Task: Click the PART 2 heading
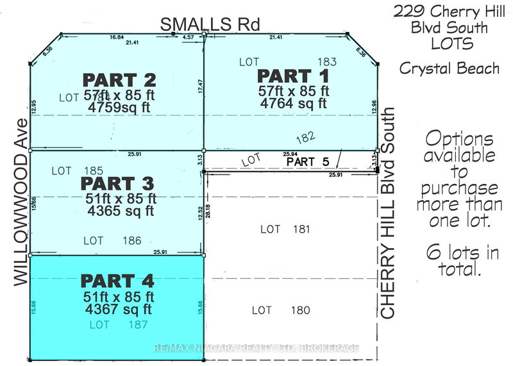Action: [119, 81]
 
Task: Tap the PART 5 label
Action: [309, 162]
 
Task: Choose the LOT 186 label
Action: [111, 240]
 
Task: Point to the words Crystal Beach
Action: [449, 68]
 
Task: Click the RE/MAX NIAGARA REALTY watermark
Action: [256, 348]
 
